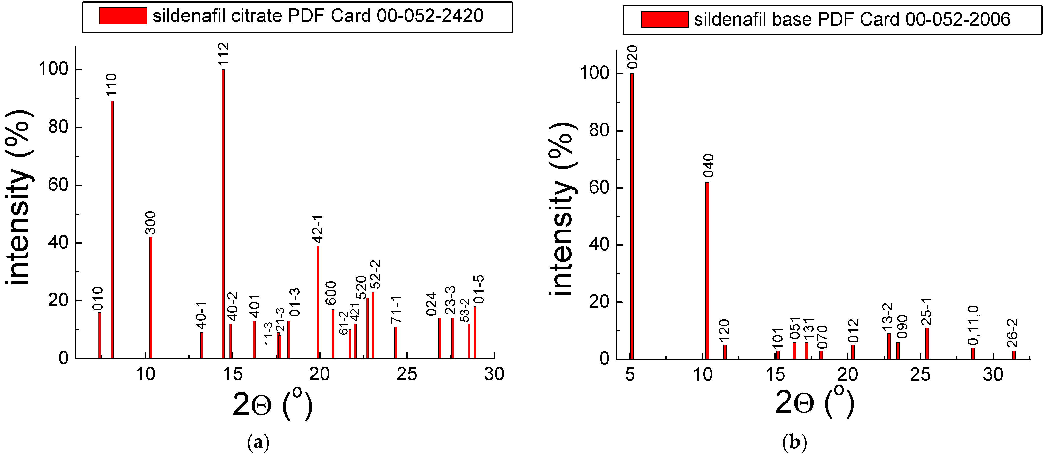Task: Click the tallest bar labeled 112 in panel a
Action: [223, 214]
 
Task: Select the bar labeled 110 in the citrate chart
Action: [113, 230]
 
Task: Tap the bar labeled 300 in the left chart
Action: [151, 298]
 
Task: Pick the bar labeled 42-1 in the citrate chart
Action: [318, 302]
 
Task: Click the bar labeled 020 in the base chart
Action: [632, 216]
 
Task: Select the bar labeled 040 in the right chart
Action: [707, 271]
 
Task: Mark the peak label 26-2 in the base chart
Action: [1013, 334]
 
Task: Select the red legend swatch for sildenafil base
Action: [665, 19]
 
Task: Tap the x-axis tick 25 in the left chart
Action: [407, 374]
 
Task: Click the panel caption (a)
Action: [258, 442]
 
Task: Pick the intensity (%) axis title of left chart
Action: [18, 197]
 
